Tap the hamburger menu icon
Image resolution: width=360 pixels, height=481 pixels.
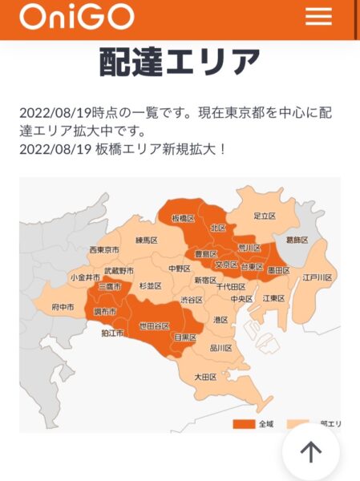pyautogui.click(x=318, y=16)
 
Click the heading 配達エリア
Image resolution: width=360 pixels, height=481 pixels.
pyautogui.click(x=180, y=62)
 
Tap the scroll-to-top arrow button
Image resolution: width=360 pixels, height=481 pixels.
pyautogui.click(x=311, y=452)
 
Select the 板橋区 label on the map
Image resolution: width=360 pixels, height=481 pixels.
pyautogui.click(x=183, y=218)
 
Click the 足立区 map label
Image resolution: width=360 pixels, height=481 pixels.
pyautogui.click(x=265, y=216)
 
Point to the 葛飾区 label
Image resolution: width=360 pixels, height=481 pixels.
pyautogui.click(x=297, y=239)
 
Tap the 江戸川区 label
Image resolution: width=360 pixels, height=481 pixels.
pyautogui.click(x=318, y=277)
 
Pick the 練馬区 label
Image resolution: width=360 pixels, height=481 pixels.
pyautogui.click(x=146, y=240)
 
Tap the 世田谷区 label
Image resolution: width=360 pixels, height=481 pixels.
pyautogui.click(x=154, y=325)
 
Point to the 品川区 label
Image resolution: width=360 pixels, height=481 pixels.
pyautogui.click(x=220, y=348)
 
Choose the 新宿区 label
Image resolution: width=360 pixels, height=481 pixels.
pyautogui.click(x=206, y=280)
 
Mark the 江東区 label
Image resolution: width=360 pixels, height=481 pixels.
pyautogui.click(x=274, y=298)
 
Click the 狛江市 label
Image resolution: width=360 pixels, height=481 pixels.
pyautogui.click(x=112, y=333)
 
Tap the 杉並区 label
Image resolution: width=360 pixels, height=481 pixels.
pyautogui.click(x=150, y=286)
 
